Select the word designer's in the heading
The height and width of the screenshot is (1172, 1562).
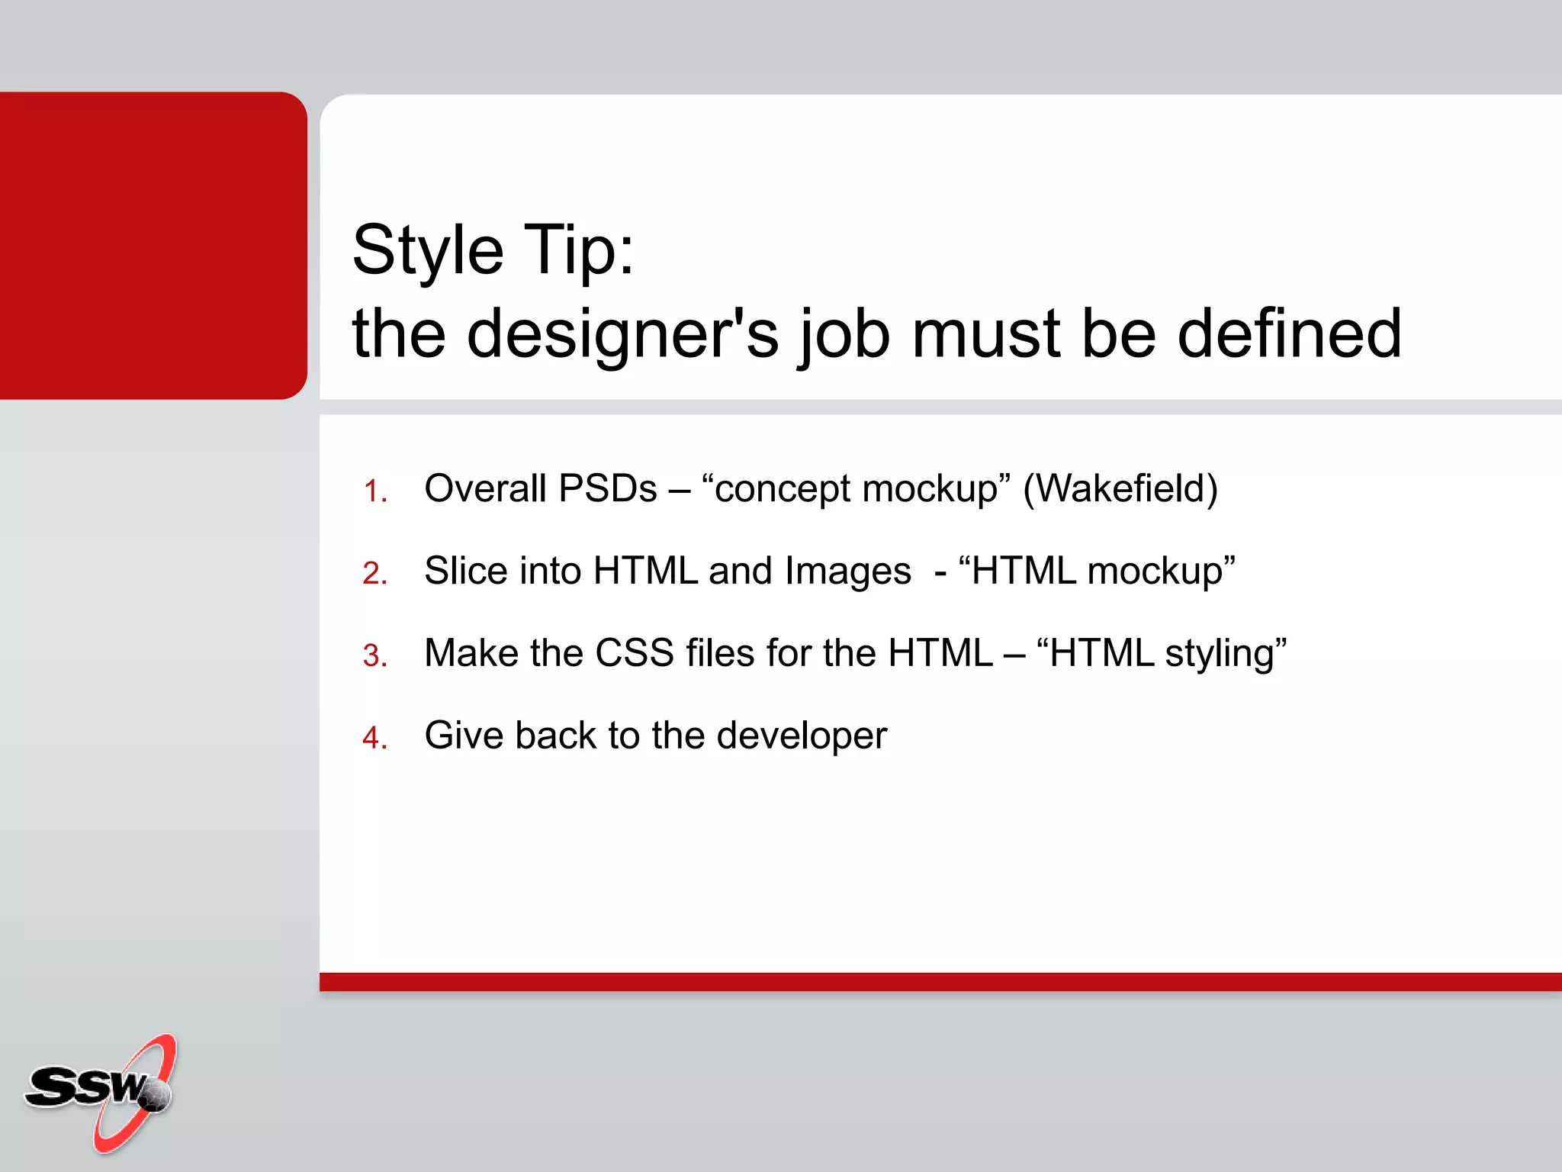click(x=622, y=336)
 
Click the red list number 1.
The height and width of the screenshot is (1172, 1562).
click(x=374, y=491)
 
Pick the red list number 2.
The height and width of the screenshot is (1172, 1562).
click(x=374, y=574)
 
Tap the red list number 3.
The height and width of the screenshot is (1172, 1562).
click(x=374, y=656)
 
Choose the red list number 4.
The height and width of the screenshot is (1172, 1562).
click(x=374, y=739)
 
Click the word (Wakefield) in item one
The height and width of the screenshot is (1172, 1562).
click(x=1120, y=489)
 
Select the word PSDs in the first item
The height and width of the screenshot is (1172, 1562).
click(x=607, y=489)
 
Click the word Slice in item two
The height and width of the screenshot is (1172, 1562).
click(x=465, y=571)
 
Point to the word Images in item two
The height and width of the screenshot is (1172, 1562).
click(x=847, y=572)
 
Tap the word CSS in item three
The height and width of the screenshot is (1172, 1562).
click(x=634, y=654)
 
